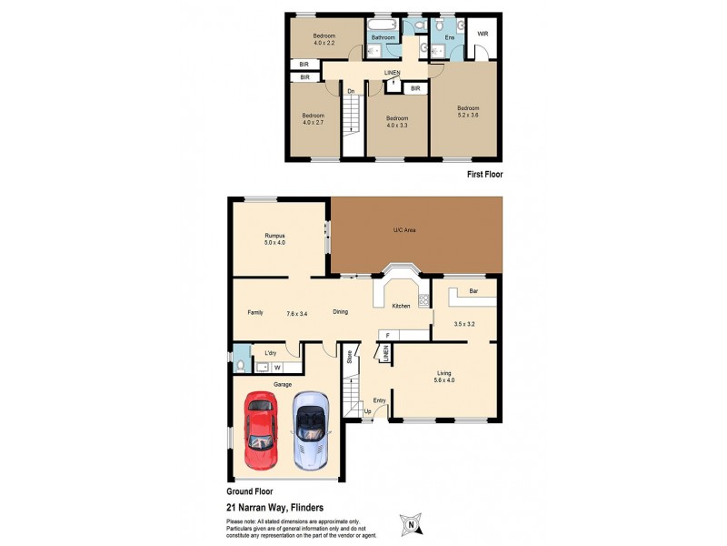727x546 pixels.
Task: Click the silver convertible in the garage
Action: [x=310, y=430]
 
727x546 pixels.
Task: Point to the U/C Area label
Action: [x=404, y=231]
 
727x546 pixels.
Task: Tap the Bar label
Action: [x=473, y=292]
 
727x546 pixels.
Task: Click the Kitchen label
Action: [x=401, y=306]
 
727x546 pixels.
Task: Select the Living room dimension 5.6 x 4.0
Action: [x=445, y=380]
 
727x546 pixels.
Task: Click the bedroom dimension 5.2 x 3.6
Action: [x=467, y=115]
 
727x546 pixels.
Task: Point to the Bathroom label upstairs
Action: [x=383, y=37]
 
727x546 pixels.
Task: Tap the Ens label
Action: [x=449, y=37]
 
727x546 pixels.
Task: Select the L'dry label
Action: [x=270, y=352]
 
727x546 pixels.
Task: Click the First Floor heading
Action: [x=483, y=174]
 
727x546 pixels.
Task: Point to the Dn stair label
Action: [x=350, y=90]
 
